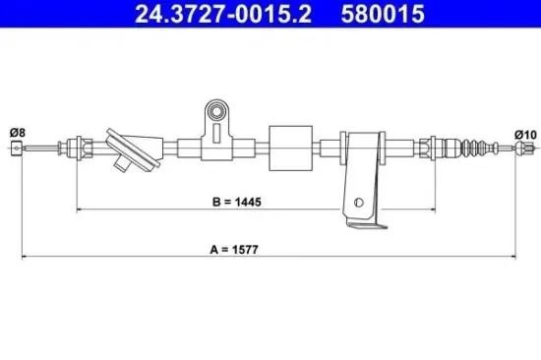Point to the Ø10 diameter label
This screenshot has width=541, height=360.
[x=525, y=134]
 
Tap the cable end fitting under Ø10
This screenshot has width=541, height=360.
[x=521, y=150]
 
